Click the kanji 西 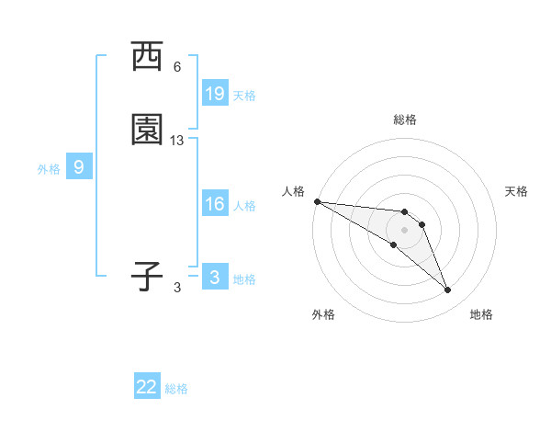pyautogui.click(x=147, y=56)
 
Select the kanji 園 pyautogui.click(x=147, y=131)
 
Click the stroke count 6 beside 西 pyautogui.click(x=177, y=67)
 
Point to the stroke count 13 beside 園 pyautogui.click(x=177, y=141)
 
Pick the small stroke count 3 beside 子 pyautogui.click(x=177, y=287)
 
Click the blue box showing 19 pyautogui.click(x=215, y=94)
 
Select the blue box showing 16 pyautogui.click(x=215, y=204)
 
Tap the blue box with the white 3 pyautogui.click(x=215, y=277)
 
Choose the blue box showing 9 pyautogui.click(x=79, y=167)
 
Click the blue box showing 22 pyautogui.click(x=147, y=387)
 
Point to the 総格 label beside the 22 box pyautogui.click(x=176, y=389)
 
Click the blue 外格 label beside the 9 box pyautogui.click(x=49, y=169)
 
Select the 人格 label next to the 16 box pyautogui.click(x=244, y=206)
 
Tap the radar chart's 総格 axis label pyautogui.click(x=405, y=119)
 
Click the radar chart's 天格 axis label pyautogui.click(x=516, y=191)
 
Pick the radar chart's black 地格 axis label pyautogui.click(x=481, y=314)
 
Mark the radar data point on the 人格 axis pyautogui.click(x=317, y=201)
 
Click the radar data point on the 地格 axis pyautogui.click(x=448, y=290)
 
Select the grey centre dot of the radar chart pyautogui.click(x=405, y=229)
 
